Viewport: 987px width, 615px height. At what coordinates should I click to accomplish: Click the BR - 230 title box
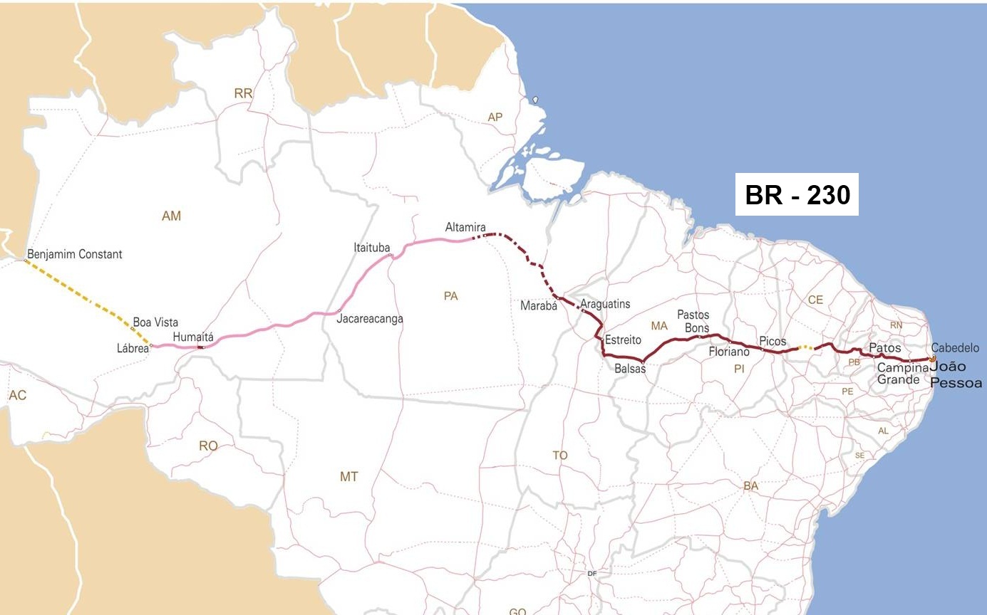pyautogui.click(x=797, y=194)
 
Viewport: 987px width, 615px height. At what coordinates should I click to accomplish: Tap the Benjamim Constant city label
pyautogui.click(x=75, y=254)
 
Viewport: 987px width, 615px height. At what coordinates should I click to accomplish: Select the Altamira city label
pyautogui.click(x=465, y=227)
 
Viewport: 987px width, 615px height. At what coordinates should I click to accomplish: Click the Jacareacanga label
pyautogui.click(x=370, y=318)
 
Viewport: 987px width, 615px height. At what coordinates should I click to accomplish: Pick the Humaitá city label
pyautogui.click(x=193, y=337)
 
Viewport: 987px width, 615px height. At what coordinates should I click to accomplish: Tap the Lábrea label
pyautogui.click(x=133, y=348)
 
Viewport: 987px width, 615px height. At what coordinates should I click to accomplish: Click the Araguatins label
pyautogui.click(x=606, y=304)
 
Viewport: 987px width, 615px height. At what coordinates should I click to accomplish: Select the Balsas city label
pyautogui.click(x=630, y=368)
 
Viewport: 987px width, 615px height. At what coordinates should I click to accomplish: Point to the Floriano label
pyautogui.click(x=729, y=352)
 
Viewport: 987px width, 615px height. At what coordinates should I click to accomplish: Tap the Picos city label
pyautogui.click(x=772, y=341)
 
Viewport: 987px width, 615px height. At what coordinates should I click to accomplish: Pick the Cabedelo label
pyautogui.click(x=955, y=348)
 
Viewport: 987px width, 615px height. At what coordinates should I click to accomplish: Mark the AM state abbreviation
pyautogui.click(x=171, y=216)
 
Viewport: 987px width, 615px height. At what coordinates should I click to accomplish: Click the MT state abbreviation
pyautogui.click(x=348, y=476)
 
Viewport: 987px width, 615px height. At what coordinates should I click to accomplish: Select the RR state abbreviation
pyautogui.click(x=243, y=93)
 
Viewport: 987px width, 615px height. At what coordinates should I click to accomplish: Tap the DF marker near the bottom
pyautogui.click(x=591, y=574)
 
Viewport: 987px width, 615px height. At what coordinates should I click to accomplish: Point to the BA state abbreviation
pyautogui.click(x=750, y=486)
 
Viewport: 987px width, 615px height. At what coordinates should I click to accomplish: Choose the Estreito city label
pyautogui.click(x=624, y=340)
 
